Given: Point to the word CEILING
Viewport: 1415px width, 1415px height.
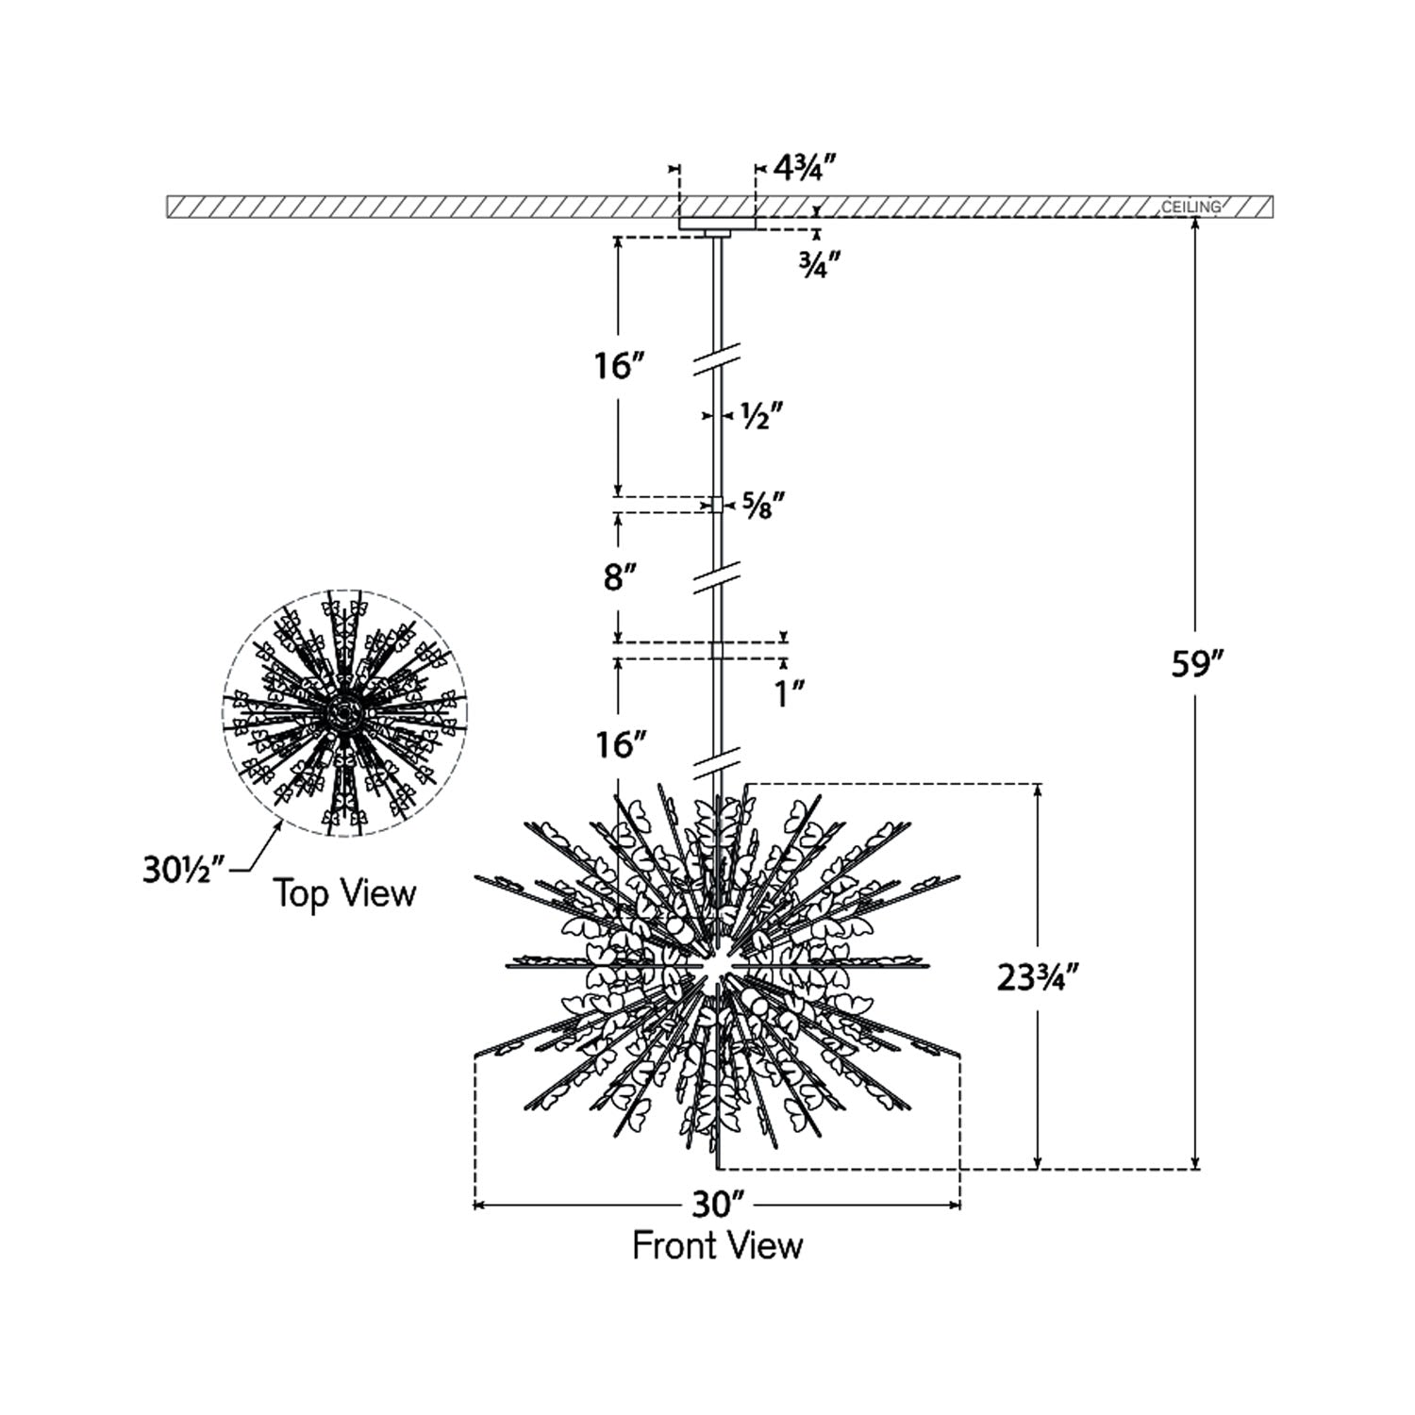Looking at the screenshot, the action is [1190, 207].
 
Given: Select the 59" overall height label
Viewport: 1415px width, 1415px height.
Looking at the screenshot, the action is [1197, 664].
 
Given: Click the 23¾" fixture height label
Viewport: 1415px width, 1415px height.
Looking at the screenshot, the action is [1037, 979].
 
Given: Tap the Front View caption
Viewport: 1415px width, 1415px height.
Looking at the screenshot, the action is [717, 1245].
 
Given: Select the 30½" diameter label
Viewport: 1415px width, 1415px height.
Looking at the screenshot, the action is [183, 870].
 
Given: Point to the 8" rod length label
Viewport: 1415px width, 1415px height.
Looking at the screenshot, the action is [616, 576].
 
